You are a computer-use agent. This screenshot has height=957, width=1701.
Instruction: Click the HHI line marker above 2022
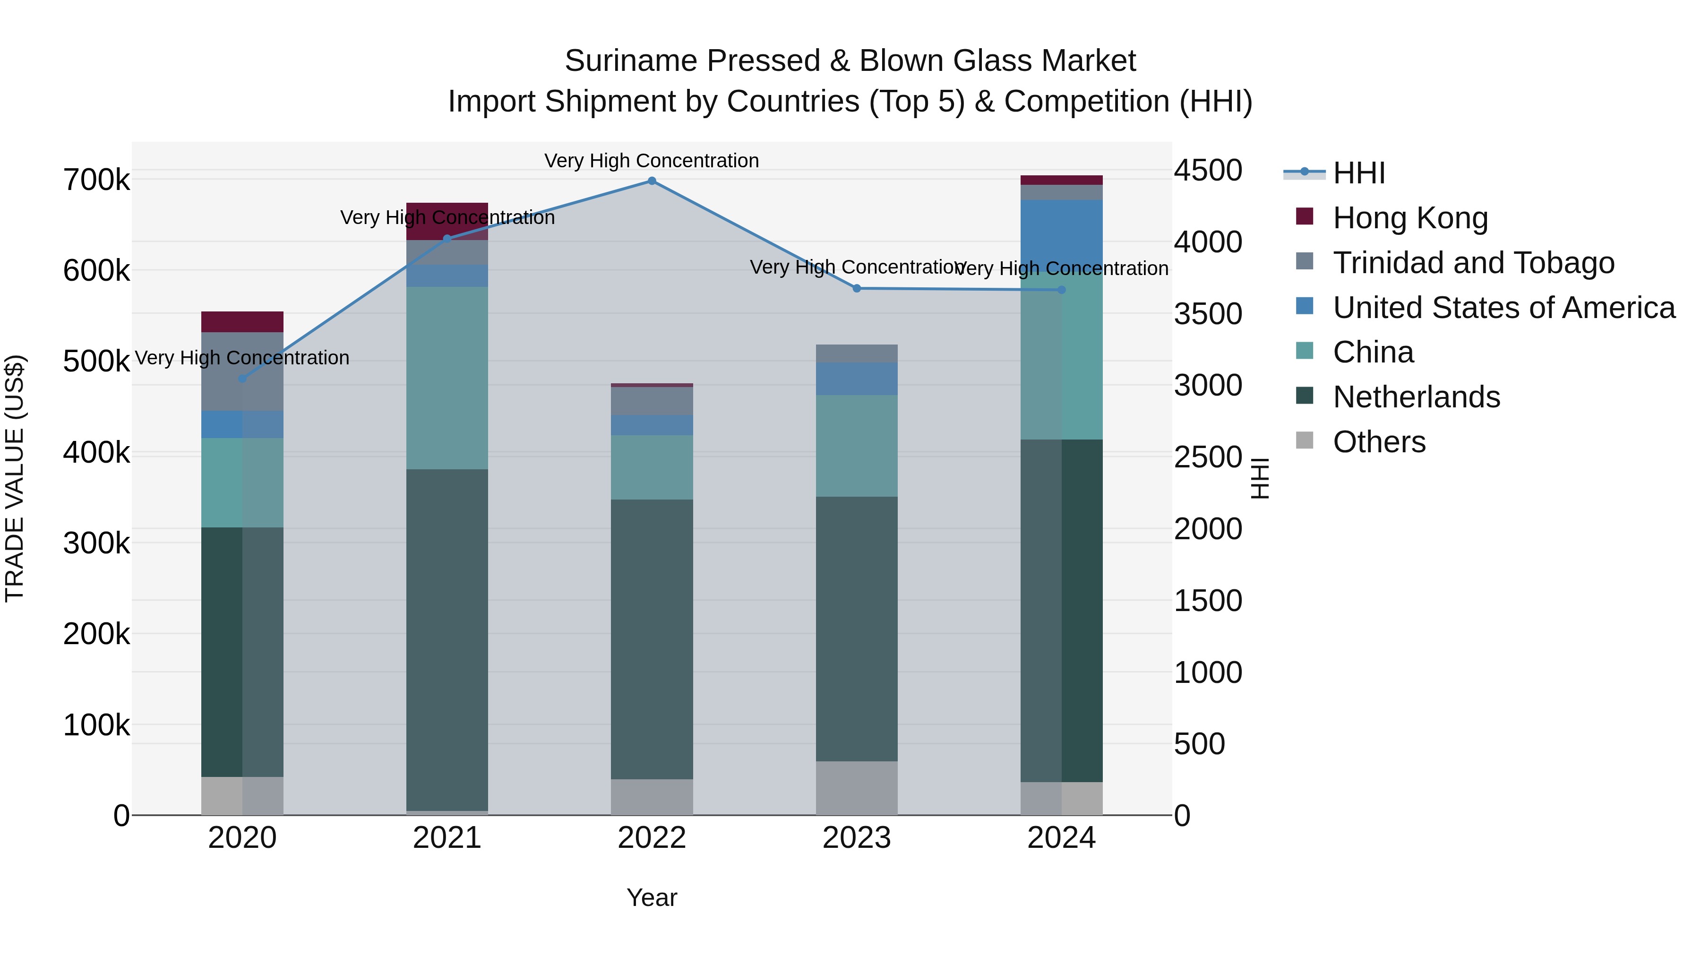pyautogui.click(x=652, y=181)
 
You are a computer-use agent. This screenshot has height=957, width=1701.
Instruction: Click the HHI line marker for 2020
pyautogui.click(x=242, y=379)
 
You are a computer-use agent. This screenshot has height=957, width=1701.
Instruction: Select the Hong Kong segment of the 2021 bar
pyautogui.click(x=447, y=221)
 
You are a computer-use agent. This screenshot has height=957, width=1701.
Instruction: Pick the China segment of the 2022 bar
pyautogui.click(x=652, y=467)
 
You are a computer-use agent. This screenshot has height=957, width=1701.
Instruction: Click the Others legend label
pyautogui.click(x=1379, y=442)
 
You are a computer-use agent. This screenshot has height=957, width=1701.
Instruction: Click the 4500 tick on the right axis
pyautogui.click(x=1208, y=171)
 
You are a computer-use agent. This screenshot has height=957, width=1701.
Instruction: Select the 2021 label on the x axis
pyautogui.click(x=447, y=838)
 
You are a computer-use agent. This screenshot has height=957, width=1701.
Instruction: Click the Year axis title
pyautogui.click(x=652, y=897)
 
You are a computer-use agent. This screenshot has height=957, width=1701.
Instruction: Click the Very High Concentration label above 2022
pyautogui.click(x=652, y=161)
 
